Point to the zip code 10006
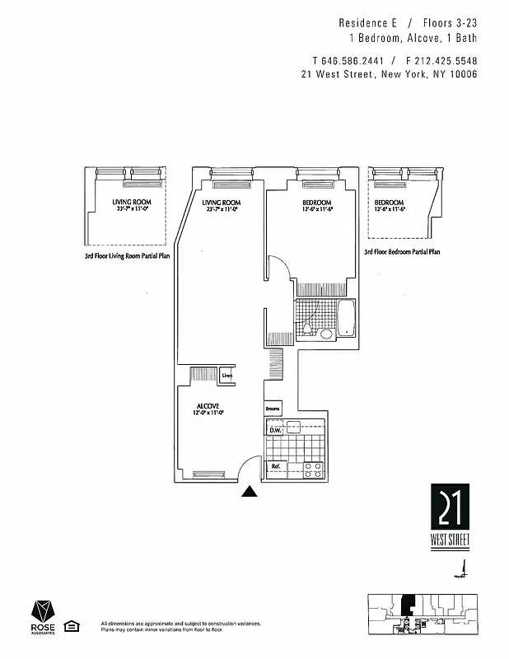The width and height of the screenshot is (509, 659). click(462, 75)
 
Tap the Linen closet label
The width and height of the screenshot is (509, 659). click(227, 376)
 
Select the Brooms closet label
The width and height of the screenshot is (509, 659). click(273, 409)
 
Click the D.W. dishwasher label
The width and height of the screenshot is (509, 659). click(275, 430)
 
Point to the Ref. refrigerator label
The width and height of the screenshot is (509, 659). click(277, 467)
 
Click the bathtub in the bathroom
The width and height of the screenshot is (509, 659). click(347, 319)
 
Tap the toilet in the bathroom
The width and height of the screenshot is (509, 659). click(307, 329)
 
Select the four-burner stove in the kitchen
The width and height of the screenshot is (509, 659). click(313, 470)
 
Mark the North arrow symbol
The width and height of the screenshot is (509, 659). click(463, 568)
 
